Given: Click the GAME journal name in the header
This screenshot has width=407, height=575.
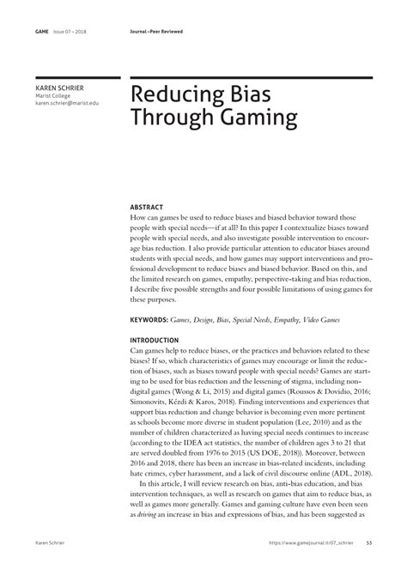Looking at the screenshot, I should (41, 33).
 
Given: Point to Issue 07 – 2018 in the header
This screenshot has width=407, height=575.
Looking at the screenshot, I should (72, 33).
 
